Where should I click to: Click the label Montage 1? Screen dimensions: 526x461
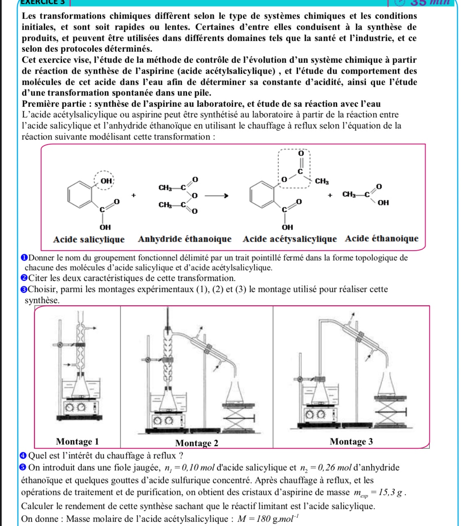coord(77,442)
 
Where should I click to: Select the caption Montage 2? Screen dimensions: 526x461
coord(197,443)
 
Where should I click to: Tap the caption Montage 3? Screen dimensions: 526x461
coord(351,442)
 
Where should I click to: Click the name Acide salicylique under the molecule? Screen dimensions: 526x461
coord(89,239)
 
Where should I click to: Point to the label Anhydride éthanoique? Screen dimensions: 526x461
coord(185,239)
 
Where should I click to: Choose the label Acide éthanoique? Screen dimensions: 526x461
coord(382,239)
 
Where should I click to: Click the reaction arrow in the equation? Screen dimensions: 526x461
coord(216,196)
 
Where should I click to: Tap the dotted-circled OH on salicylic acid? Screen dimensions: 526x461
coord(106,180)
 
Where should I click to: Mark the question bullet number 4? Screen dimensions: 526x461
coord(24,455)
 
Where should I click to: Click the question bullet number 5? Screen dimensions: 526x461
coord(24,468)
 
